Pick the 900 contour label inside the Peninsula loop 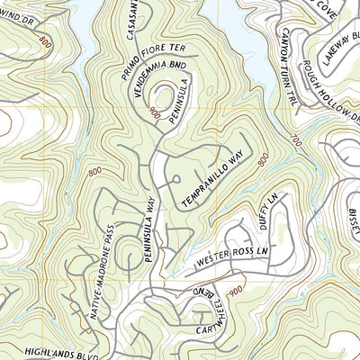(x=156, y=112)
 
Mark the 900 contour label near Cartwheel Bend (x=236, y=292)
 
